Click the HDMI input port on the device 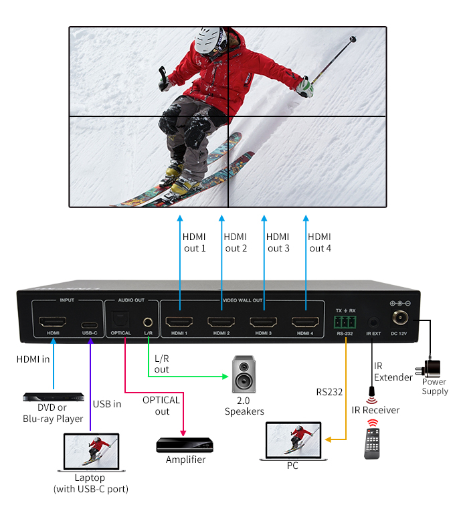(53, 322)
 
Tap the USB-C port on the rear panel (89, 324)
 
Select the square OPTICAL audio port (120, 320)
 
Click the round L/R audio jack (148, 322)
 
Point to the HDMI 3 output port (264, 322)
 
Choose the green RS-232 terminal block (345, 322)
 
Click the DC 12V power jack (400, 317)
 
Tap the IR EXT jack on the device (373, 322)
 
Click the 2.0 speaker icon (244, 374)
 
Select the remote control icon (372, 443)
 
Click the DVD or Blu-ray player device (54, 397)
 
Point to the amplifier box (185, 445)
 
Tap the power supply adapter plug (429, 369)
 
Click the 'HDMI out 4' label (320, 243)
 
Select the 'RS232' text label (329, 392)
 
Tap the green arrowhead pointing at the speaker (225, 377)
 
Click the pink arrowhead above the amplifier (183, 433)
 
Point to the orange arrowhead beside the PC (328, 439)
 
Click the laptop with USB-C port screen (91, 451)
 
